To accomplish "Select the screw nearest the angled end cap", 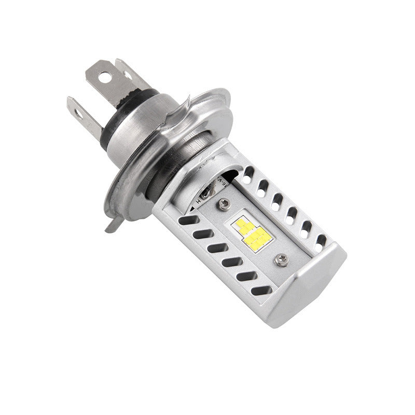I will coord(282,256).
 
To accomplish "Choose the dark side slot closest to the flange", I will coord(185,220).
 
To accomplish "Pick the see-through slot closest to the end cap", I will coord(321,240).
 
